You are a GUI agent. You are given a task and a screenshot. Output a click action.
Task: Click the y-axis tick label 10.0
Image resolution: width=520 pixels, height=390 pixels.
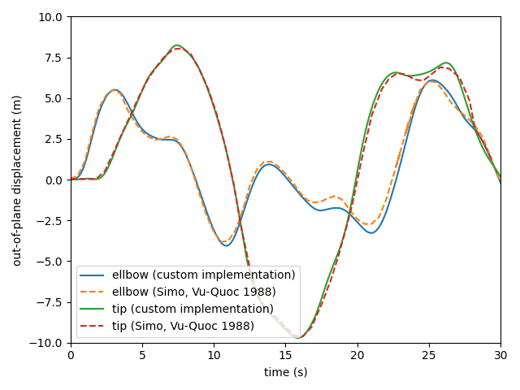point(50,17)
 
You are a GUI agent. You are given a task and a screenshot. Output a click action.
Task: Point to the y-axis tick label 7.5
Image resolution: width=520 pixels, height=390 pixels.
point(54,58)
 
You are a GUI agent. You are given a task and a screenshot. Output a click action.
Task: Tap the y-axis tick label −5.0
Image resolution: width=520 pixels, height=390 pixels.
point(49,262)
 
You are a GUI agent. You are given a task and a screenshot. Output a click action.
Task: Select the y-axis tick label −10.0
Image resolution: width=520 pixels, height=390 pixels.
point(46,343)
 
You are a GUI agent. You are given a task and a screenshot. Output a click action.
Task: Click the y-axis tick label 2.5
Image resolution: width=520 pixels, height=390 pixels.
point(54,139)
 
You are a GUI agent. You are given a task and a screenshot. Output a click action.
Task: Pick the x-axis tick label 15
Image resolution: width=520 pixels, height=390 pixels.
point(285,356)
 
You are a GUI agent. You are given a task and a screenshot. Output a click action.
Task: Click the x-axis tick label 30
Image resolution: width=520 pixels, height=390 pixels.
point(500,356)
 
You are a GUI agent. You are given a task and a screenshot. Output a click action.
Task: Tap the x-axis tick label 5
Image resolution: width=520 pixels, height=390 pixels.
point(142,356)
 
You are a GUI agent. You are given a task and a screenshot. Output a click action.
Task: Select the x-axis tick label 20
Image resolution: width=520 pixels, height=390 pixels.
point(357,356)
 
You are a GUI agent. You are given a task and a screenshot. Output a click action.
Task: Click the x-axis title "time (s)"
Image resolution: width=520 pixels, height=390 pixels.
point(285,372)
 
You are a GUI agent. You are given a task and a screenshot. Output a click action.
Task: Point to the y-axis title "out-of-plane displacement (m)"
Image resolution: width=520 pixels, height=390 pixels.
point(16,180)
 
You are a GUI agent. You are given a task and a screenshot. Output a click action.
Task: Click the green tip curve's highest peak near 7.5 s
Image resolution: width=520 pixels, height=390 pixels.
point(177,45)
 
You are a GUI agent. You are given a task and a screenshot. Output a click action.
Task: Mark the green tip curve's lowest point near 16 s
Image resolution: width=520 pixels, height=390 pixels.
point(298,338)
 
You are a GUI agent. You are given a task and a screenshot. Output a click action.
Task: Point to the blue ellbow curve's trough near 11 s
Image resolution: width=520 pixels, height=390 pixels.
point(227,245)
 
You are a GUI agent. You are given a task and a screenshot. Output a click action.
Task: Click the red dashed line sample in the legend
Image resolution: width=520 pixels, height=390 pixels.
point(92,326)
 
